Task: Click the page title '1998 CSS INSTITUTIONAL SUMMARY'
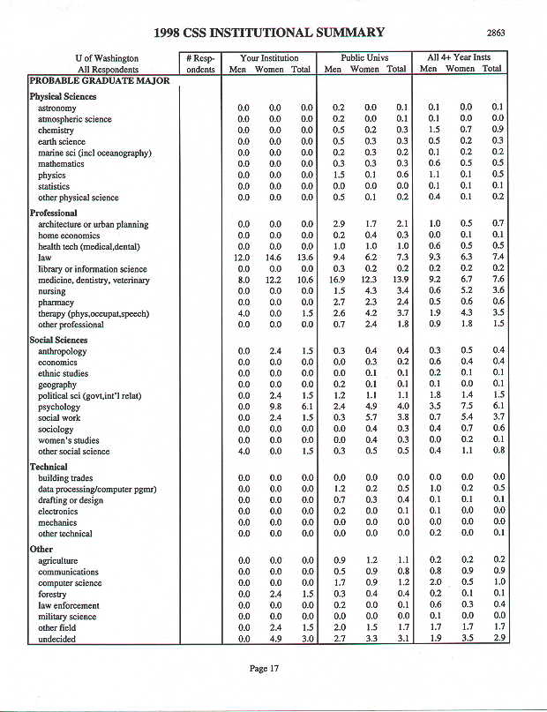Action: [x=268, y=33]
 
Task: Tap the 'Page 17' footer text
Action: [x=264, y=668]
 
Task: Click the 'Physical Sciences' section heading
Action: [x=63, y=96]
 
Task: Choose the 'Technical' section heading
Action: [x=49, y=467]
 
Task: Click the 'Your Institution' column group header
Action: [x=269, y=58]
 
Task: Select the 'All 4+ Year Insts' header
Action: [x=462, y=58]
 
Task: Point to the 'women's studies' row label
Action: [x=68, y=440]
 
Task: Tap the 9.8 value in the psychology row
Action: [x=273, y=407]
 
